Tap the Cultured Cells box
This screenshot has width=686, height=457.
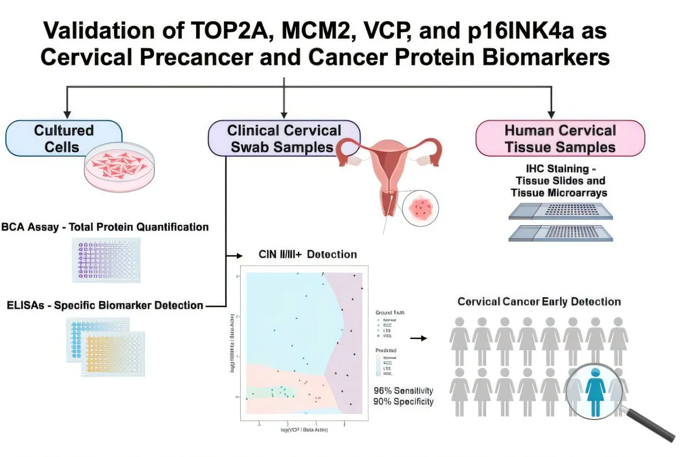[64, 138]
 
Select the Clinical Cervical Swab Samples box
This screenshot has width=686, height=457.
[284, 138]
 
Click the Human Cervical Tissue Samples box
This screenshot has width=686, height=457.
[560, 138]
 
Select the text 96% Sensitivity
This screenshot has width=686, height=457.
[403, 390]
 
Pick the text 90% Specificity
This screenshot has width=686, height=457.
[403, 401]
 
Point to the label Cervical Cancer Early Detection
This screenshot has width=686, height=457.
[539, 301]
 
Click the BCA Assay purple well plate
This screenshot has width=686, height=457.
[106, 260]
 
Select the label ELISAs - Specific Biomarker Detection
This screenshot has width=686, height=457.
[105, 306]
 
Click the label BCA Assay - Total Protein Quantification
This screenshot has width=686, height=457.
[105, 227]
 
